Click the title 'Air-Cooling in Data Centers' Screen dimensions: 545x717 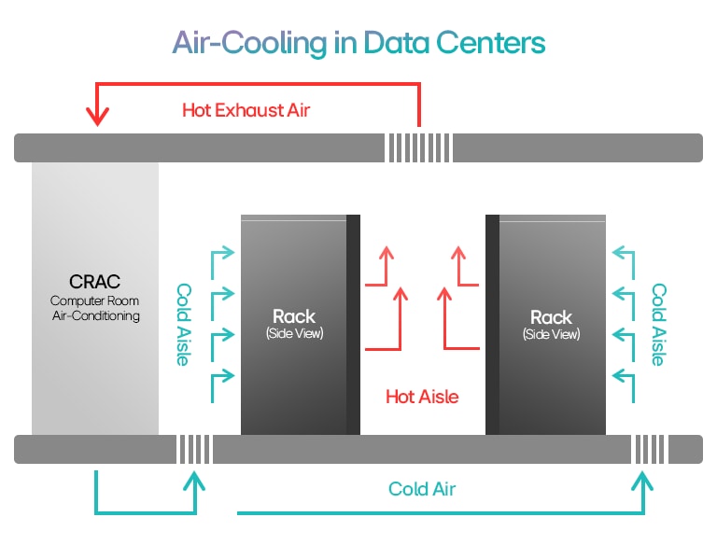coord(358,42)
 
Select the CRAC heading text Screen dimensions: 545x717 coord(95,281)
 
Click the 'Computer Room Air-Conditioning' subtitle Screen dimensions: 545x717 coord(95,308)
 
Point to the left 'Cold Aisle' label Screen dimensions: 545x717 coord(184,324)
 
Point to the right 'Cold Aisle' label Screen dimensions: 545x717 coord(658,324)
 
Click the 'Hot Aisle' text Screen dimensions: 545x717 coord(422,397)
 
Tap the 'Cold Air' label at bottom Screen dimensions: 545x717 coord(422,488)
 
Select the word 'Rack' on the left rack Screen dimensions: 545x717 coord(294,316)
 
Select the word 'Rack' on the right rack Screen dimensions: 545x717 coord(552,316)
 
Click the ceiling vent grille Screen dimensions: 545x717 coord(419,147)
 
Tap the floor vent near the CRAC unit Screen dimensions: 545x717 coord(194,449)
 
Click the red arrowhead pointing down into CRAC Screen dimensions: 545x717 coord(97,116)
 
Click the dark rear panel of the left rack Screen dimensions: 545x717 coord(353,325)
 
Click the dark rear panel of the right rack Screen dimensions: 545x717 coord(492,325)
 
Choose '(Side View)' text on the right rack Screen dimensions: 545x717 coord(552,334)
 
